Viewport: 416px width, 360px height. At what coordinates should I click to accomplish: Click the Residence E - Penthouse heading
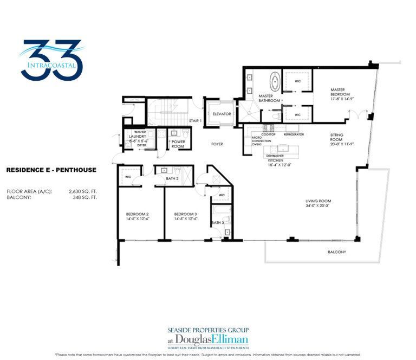point(51,170)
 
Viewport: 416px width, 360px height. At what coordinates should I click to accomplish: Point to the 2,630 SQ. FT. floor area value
point(83,191)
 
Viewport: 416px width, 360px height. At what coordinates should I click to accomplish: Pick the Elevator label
point(222,114)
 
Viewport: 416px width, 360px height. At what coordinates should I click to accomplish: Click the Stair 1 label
point(195,120)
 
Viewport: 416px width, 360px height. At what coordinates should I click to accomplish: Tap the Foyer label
point(217,144)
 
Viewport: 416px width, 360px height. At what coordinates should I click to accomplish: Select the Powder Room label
point(178,144)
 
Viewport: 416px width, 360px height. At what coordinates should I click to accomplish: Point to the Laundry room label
point(138,138)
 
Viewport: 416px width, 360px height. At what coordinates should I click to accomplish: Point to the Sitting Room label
point(341,139)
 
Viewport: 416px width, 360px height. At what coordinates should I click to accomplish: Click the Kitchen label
point(277,161)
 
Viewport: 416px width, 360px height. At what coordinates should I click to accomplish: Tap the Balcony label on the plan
point(336,252)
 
